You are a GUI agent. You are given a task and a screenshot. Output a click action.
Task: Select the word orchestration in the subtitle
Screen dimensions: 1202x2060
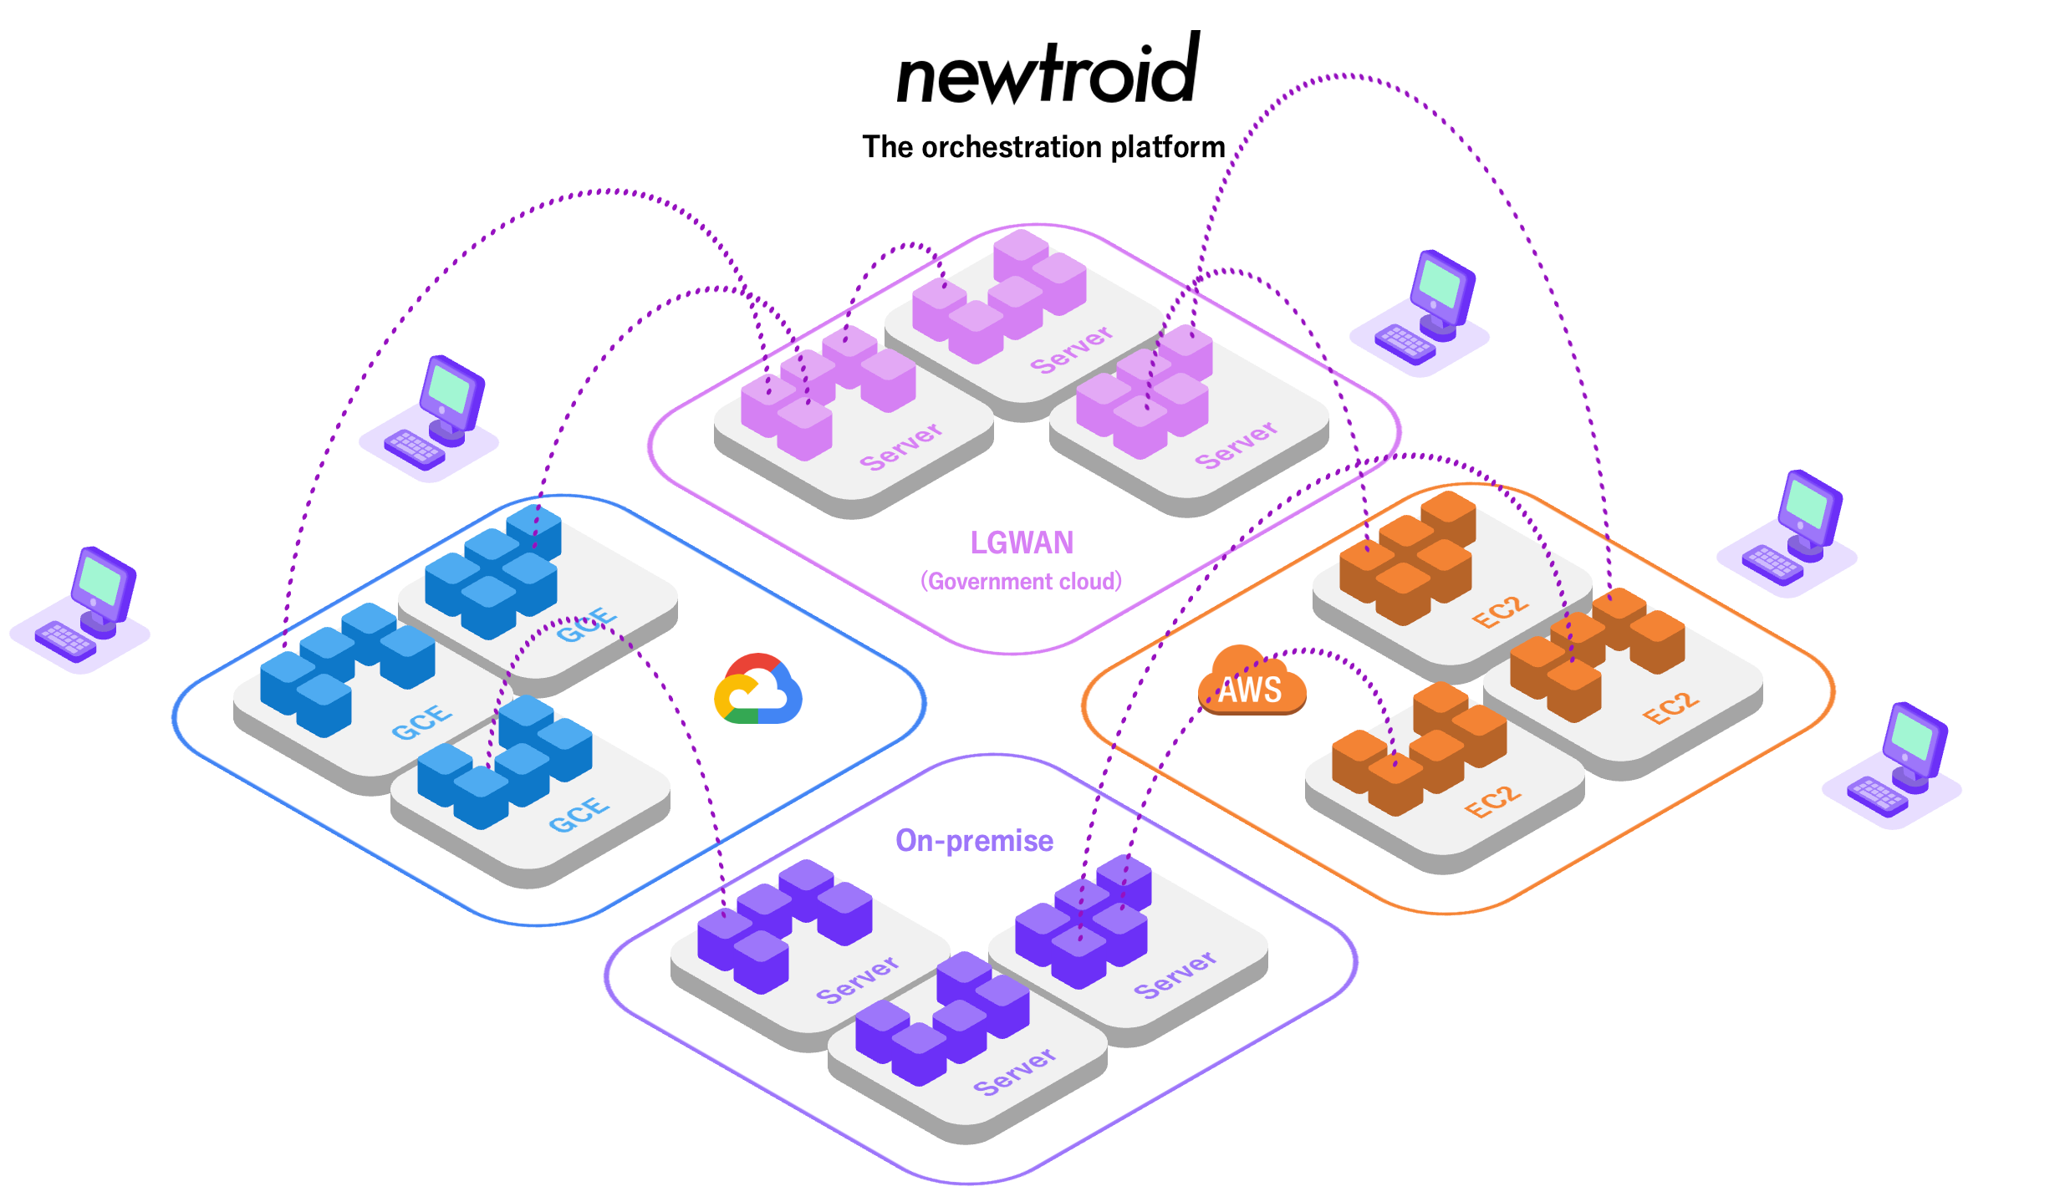point(1012,147)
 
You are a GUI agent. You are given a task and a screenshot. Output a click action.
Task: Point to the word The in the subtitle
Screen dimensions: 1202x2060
point(887,147)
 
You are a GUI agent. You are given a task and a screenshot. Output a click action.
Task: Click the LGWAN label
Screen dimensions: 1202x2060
point(1022,543)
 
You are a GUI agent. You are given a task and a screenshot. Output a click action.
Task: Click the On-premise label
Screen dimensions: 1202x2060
point(974,841)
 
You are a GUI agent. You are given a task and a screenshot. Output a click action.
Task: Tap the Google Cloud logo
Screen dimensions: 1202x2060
point(757,690)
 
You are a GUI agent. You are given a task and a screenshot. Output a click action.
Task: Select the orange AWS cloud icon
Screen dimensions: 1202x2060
point(1252,680)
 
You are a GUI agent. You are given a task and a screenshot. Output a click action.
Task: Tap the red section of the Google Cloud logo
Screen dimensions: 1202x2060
point(752,665)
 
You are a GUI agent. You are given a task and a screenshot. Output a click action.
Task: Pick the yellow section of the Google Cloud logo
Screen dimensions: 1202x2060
point(724,695)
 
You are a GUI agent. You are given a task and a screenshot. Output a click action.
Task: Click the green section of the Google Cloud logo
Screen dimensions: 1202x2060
point(744,716)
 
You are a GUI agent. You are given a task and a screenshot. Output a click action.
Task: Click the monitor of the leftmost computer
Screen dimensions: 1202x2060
point(101,581)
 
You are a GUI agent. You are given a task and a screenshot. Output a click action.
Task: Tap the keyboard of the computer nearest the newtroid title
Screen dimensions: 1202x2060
point(1405,344)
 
